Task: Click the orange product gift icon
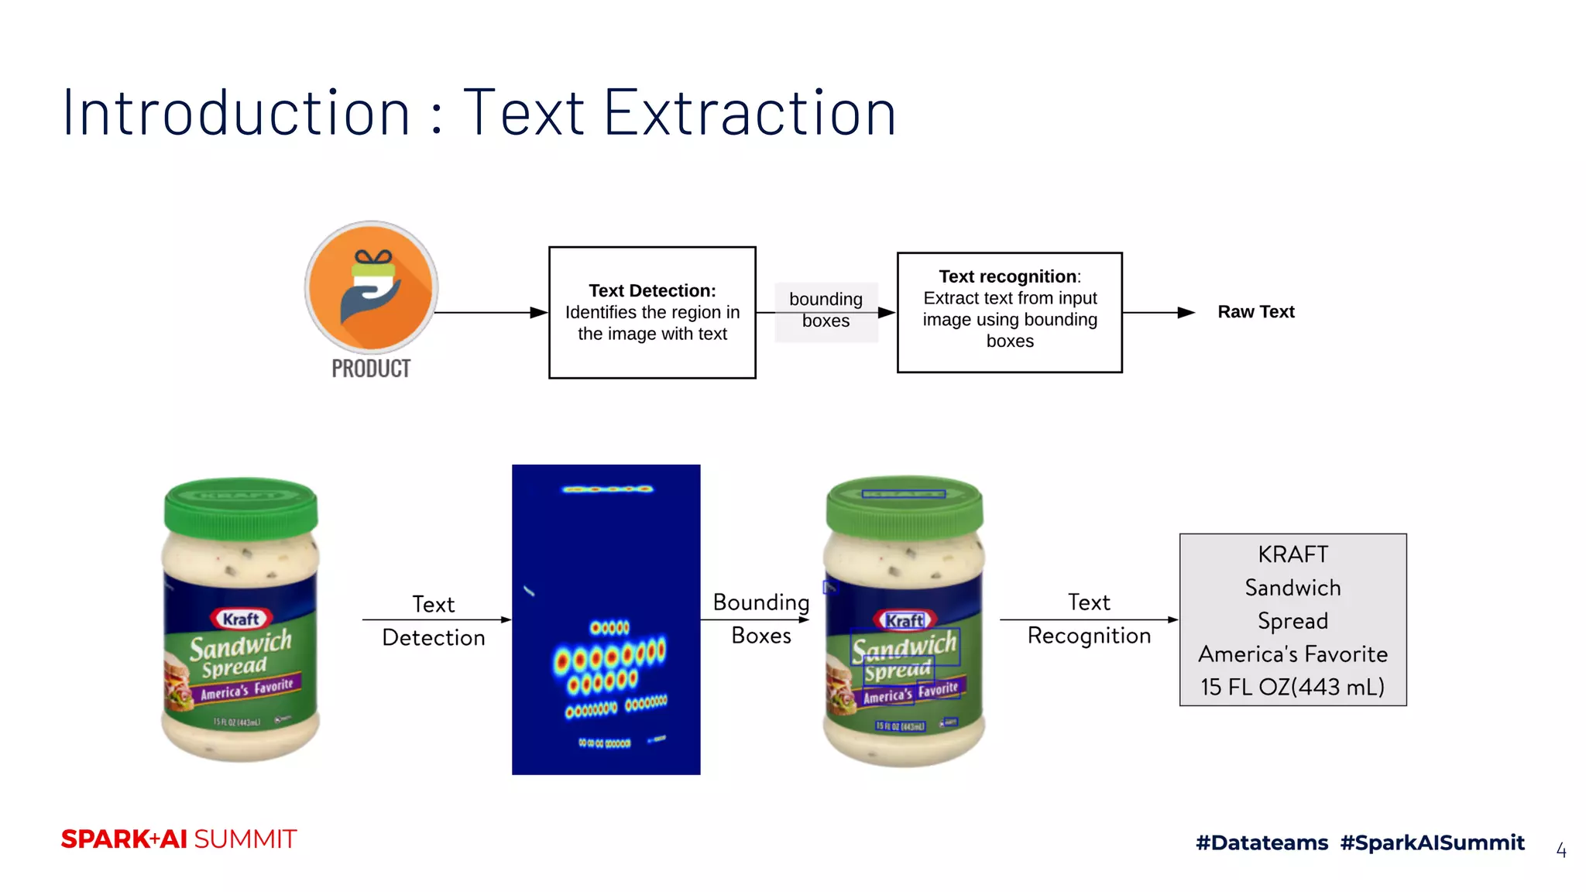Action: pyautogui.click(x=371, y=287)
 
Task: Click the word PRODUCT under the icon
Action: pyautogui.click(x=371, y=369)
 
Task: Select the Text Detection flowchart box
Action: pyautogui.click(x=652, y=312)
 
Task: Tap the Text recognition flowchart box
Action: pyautogui.click(x=1009, y=312)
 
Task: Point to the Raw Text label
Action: pyautogui.click(x=1255, y=312)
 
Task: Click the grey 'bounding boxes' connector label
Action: pyautogui.click(x=826, y=310)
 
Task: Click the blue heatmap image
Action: pyautogui.click(x=606, y=619)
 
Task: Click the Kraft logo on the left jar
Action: pyautogui.click(x=241, y=619)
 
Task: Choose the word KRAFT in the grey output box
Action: pyautogui.click(x=1292, y=554)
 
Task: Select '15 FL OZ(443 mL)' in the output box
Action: pyautogui.click(x=1292, y=687)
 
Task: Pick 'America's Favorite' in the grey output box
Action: pyautogui.click(x=1292, y=654)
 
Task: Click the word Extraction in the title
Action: pyautogui.click(x=749, y=113)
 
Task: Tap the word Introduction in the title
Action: pyautogui.click(x=236, y=113)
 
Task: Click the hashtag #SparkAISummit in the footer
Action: pyautogui.click(x=1432, y=842)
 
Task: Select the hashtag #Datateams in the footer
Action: pyautogui.click(x=1262, y=842)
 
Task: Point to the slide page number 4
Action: pyautogui.click(x=1561, y=850)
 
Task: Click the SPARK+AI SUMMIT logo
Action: pyautogui.click(x=179, y=839)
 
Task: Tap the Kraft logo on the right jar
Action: pyautogui.click(x=905, y=620)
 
